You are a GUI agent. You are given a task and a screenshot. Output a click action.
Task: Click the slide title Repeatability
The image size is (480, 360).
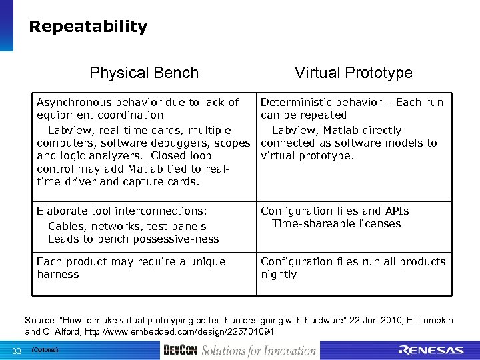[x=88, y=27]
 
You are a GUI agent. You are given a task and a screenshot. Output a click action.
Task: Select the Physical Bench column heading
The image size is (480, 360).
[x=144, y=73]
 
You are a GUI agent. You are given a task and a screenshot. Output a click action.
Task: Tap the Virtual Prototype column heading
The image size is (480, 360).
[x=353, y=73]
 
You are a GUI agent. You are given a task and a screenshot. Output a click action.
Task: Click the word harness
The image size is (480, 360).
[x=58, y=275]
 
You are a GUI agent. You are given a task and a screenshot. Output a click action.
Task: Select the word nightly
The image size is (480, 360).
[x=279, y=275]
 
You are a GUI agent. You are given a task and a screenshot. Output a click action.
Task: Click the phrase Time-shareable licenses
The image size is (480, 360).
[x=336, y=224]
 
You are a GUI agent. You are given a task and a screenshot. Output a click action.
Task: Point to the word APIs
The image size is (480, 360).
[x=397, y=211]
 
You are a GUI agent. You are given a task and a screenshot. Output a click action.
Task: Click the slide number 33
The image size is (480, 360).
[x=17, y=351]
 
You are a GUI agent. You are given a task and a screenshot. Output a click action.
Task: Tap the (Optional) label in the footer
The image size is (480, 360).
[x=45, y=350]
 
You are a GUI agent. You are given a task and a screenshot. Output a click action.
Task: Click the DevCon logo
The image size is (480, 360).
[x=180, y=351]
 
